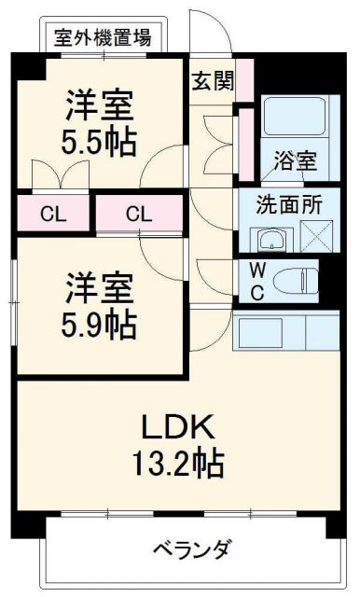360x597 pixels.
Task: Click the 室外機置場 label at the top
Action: pyautogui.click(x=104, y=38)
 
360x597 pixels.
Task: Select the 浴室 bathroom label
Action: pyautogui.click(x=294, y=160)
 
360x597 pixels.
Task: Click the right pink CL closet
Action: pyautogui.click(x=138, y=214)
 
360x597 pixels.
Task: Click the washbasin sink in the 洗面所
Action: pyautogui.click(x=270, y=240)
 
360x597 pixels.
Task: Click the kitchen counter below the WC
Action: pyautogui.click(x=284, y=330)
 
